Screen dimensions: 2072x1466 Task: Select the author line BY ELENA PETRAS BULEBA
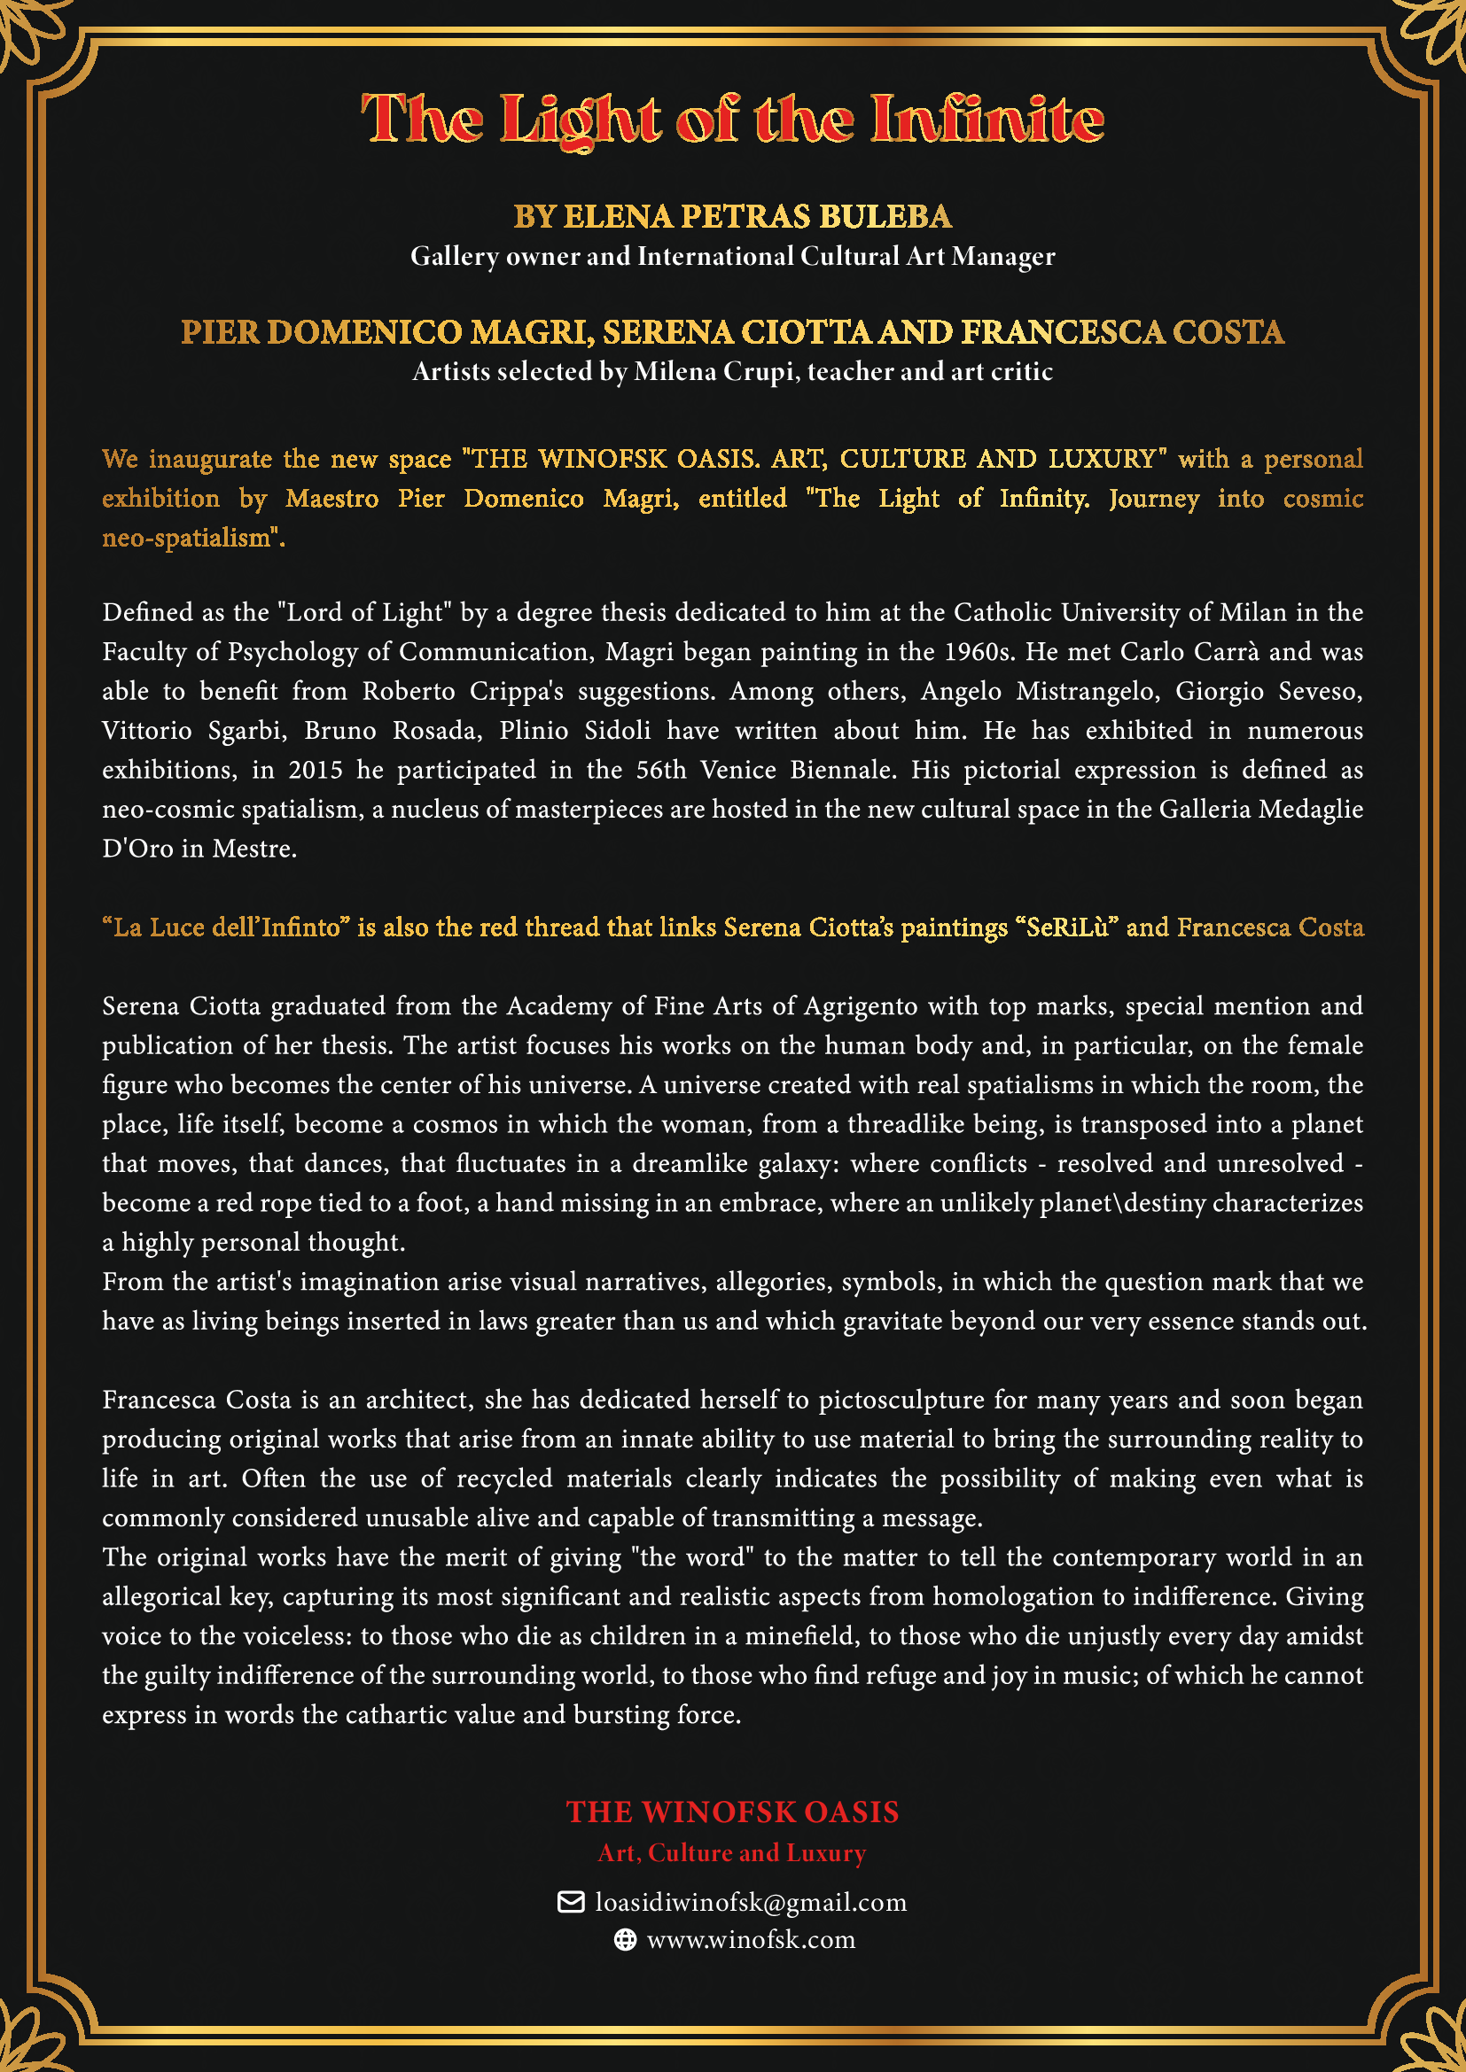click(732, 216)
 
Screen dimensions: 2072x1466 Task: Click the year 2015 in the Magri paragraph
click(315, 770)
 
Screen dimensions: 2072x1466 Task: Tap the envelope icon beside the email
click(571, 1902)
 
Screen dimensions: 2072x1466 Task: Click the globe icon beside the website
click(625, 1940)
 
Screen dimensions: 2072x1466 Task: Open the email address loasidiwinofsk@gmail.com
click(750, 1902)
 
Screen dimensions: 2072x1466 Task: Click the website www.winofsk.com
click(751, 1940)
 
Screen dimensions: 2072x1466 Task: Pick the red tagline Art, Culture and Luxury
click(732, 1853)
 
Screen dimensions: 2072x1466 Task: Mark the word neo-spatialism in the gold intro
click(191, 539)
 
